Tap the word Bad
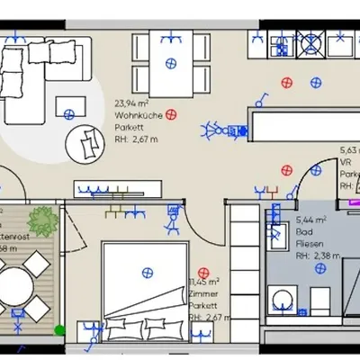(304, 229)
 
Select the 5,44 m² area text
(311, 219)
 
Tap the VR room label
(345, 163)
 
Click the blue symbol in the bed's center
(144, 271)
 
